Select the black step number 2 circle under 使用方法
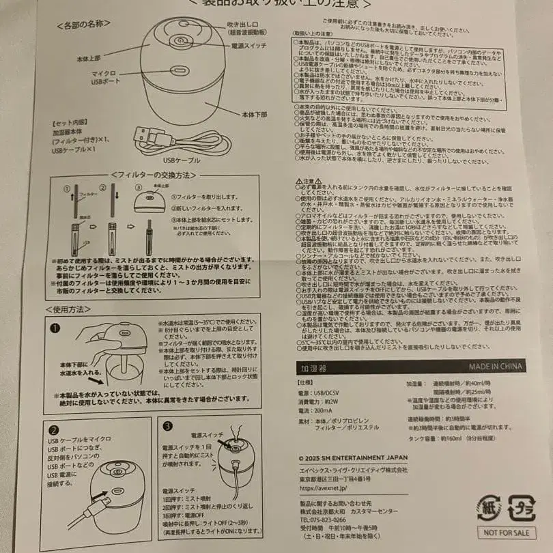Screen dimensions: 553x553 53,430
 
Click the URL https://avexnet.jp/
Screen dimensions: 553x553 324,487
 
